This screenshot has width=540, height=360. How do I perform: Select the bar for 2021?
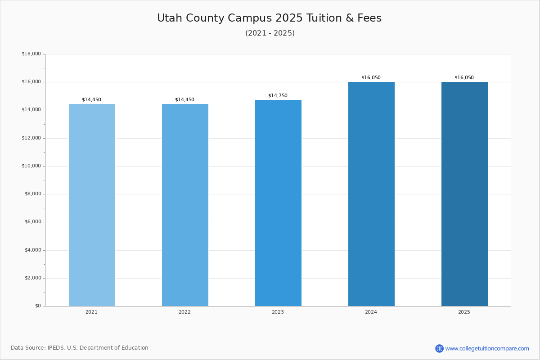(92, 205)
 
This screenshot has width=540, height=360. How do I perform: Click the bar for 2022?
(185, 205)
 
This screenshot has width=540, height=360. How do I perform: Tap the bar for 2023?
(278, 202)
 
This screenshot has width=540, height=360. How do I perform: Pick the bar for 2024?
(371, 193)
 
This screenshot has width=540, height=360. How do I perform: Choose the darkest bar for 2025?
(464, 193)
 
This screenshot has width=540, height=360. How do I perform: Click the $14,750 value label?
(278, 95)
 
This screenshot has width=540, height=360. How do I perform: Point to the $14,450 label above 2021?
(91, 99)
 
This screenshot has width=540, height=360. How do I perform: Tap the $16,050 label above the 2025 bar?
(464, 77)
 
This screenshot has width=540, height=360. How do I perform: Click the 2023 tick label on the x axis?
(278, 312)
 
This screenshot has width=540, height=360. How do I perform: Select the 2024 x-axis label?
(371, 312)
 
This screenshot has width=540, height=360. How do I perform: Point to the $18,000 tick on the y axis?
(31, 54)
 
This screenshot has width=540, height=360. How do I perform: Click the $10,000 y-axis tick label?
(31, 166)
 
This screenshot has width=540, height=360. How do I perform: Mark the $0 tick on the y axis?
(38, 306)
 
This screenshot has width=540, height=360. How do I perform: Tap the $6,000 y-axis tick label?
(32, 222)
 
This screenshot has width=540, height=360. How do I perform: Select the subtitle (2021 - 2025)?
(270, 33)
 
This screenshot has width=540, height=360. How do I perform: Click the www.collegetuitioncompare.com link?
(487, 348)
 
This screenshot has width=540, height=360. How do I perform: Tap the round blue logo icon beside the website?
(439, 348)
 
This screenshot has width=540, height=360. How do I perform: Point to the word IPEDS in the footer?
(56, 348)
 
